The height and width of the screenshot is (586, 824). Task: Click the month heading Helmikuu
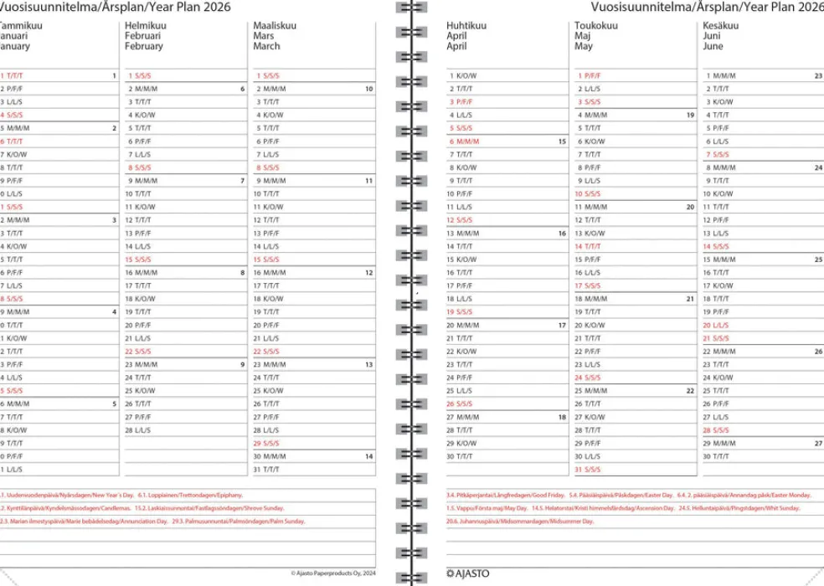pyautogui.click(x=145, y=26)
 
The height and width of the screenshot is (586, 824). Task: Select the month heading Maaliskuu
pyautogui.click(x=275, y=26)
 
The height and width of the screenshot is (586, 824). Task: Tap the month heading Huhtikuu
pyautogui.click(x=466, y=26)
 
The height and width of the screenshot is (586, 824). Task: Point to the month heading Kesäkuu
pyautogui.click(x=721, y=26)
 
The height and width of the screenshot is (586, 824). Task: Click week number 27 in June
pyautogui.click(x=818, y=444)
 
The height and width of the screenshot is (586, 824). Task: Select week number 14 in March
pyautogui.click(x=369, y=456)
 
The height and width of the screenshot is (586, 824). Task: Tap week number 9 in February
pyautogui.click(x=243, y=364)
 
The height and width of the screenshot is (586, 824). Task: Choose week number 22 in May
pyautogui.click(x=690, y=390)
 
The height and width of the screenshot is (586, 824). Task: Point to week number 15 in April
pyautogui.click(x=562, y=141)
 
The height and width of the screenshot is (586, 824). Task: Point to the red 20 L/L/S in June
pyautogui.click(x=717, y=325)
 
